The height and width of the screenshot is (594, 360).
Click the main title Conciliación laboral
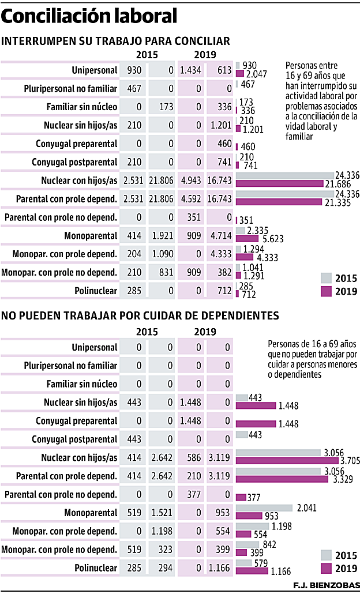[x=89, y=17]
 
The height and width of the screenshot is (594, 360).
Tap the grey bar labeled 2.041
[x=265, y=507]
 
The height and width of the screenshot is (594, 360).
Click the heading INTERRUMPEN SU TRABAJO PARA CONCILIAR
[x=116, y=41]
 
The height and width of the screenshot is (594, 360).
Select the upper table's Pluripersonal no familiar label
[x=71, y=89]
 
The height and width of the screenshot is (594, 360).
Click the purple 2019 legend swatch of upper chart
[x=327, y=292]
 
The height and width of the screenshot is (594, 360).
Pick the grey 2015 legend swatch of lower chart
[x=327, y=555]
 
